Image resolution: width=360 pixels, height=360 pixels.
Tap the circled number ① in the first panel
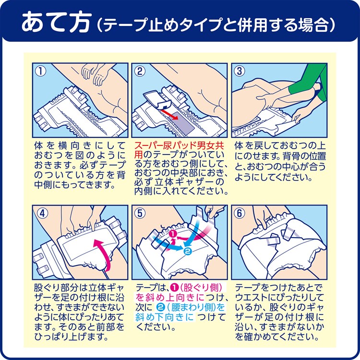pos(40,71)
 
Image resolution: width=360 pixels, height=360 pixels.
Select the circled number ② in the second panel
pos(140,71)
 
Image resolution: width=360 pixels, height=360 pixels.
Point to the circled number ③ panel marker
pos(239,71)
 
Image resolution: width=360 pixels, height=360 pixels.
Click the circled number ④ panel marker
pos(42,213)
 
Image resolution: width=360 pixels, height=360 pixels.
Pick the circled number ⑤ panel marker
pos(140,213)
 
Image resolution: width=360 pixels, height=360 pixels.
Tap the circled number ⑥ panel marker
pos(239,213)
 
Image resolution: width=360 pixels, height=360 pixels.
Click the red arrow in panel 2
pos(169,114)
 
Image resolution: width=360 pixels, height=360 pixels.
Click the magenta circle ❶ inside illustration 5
pos(173,234)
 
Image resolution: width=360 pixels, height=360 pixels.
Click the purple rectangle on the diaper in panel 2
pos(182,123)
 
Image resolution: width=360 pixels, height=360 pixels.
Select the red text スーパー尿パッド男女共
pos(179,145)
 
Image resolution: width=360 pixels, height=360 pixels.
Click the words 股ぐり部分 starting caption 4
pos(56,287)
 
